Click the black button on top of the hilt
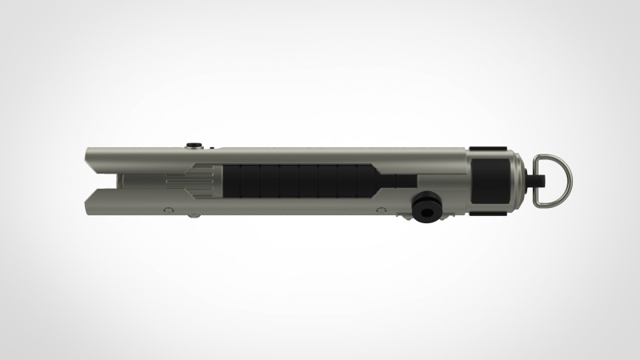click(x=193, y=145)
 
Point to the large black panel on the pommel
click(x=490, y=180)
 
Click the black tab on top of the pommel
click(x=487, y=148)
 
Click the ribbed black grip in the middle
click(x=296, y=181)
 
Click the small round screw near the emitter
click(x=167, y=210)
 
